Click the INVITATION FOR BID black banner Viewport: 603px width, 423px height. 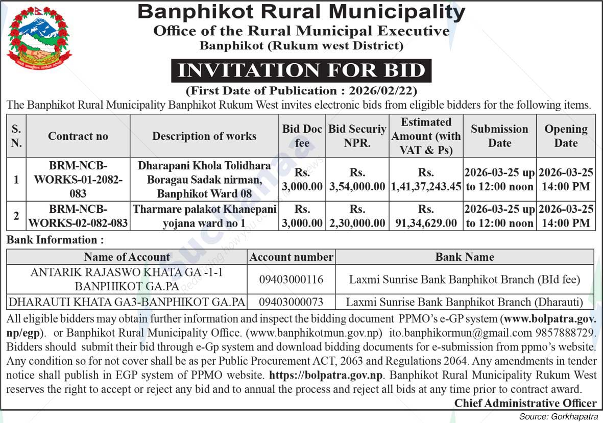(x=301, y=70)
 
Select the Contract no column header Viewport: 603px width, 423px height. (x=78, y=136)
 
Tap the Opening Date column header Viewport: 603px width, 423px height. (x=566, y=136)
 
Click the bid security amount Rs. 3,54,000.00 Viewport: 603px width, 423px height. (x=357, y=180)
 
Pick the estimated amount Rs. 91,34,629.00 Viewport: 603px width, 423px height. (x=426, y=216)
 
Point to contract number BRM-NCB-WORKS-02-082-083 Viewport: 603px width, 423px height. (x=78, y=216)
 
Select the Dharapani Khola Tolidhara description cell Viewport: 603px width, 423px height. (x=204, y=180)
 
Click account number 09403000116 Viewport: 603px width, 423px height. (x=291, y=280)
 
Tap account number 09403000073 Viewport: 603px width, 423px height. (x=291, y=302)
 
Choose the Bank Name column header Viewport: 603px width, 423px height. (x=464, y=257)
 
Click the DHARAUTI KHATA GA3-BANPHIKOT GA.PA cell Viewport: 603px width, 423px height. (x=127, y=302)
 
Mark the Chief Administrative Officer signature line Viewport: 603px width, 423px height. (x=525, y=403)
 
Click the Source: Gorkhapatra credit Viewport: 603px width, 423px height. (x=559, y=416)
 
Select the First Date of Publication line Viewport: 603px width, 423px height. (x=301, y=91)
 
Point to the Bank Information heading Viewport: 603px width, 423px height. (x=55, y=240)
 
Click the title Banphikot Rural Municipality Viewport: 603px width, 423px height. (x=301, y=12)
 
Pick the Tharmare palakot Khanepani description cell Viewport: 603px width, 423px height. (x=204, y=216)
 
